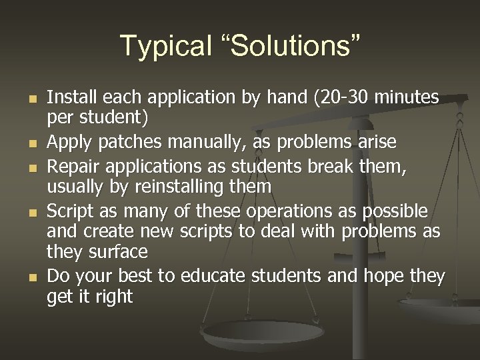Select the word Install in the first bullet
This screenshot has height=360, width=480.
click(71, 98)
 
